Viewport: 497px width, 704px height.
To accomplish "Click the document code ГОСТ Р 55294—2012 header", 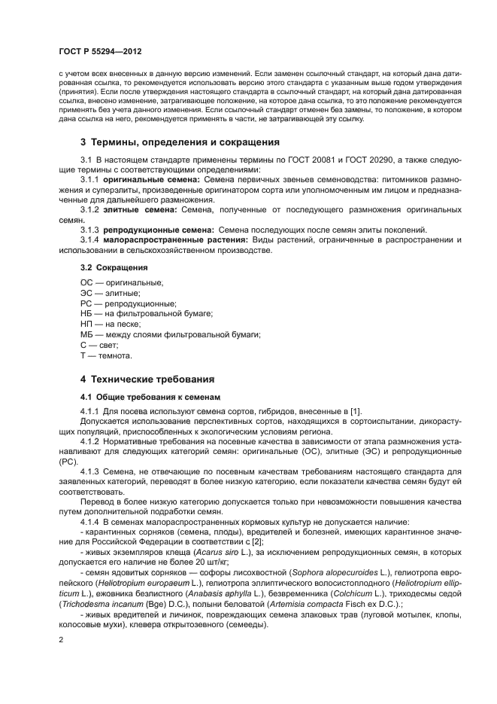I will coord(99,51).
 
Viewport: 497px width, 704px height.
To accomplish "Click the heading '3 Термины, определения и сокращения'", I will coord(169,142).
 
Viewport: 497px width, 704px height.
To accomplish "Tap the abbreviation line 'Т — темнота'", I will coord(106,355).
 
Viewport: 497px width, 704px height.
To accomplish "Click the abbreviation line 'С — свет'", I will coord(99,344).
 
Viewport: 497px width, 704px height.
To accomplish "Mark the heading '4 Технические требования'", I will coord(147,379).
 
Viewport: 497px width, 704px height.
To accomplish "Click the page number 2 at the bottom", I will coord(60,639).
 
